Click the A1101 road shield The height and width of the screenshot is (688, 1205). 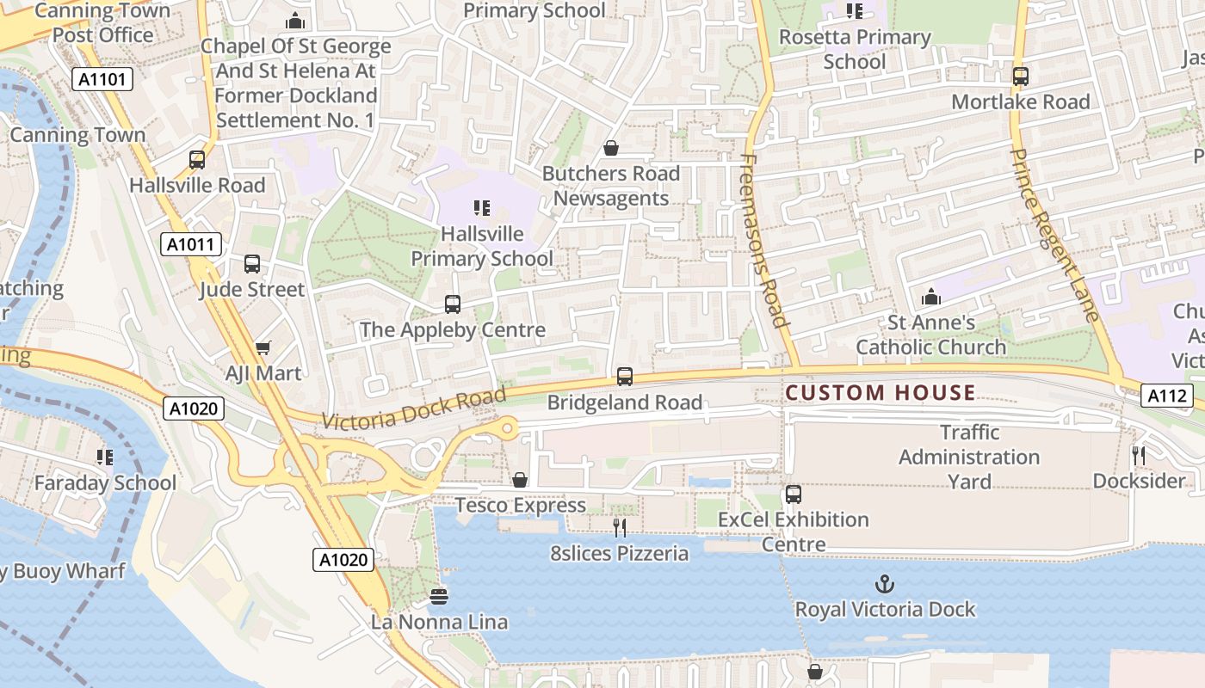tap(102, 80)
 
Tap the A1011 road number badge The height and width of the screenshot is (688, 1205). tap(191, 245)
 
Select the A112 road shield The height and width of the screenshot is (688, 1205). tap(1168, 396)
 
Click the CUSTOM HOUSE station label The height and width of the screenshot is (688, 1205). tap(881, 394)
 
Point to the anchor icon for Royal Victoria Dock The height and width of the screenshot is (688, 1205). tap(884, 585)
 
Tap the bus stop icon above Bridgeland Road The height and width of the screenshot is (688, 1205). tap(625, 377)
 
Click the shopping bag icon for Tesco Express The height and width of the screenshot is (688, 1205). tap(520, 480)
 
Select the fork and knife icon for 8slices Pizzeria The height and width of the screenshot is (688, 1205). tap(620, 527)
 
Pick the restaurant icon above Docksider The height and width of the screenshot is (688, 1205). tap(1139, 455)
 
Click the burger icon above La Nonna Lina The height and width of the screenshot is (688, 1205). tap(439, 596)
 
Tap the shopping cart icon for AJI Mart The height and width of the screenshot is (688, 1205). tap(263, 347)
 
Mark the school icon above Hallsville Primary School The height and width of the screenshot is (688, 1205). tap(482, 208)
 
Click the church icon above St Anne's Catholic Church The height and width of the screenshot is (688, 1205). tap(930, 298)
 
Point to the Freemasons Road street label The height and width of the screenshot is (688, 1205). tap(764, 241)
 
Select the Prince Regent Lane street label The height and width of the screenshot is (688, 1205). tap(1054, 235)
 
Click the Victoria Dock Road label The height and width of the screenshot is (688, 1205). tap(414, 408)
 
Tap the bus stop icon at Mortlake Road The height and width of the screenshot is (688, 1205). tap(1021, 77)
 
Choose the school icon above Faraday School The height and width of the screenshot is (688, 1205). tap(105, 457)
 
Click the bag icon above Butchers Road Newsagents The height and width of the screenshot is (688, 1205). tap(611, 148)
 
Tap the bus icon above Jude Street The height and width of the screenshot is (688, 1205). tap(252, 264)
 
